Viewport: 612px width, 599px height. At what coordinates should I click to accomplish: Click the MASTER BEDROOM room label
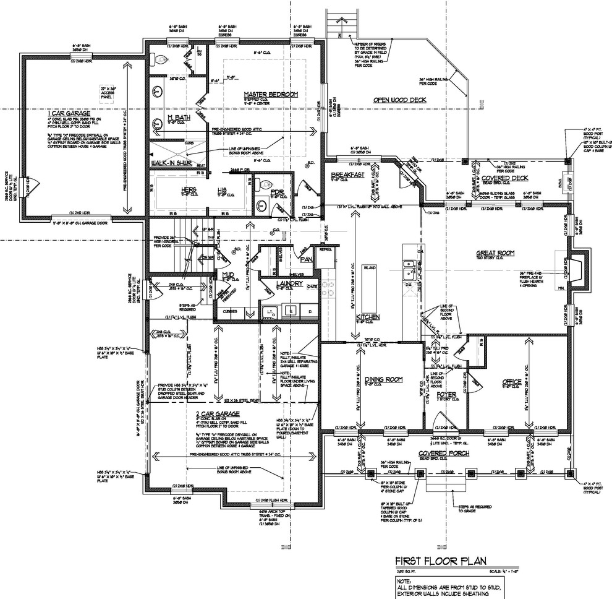[x=271, y=94]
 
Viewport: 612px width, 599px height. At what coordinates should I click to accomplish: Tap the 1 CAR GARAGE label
[x=69, y=114]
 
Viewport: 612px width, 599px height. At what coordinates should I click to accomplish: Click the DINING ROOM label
[x=383, y=379]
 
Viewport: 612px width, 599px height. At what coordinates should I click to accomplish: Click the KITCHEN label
[x=367, y=317]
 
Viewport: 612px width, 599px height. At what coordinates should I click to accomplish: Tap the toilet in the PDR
[x=266, y=184]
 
